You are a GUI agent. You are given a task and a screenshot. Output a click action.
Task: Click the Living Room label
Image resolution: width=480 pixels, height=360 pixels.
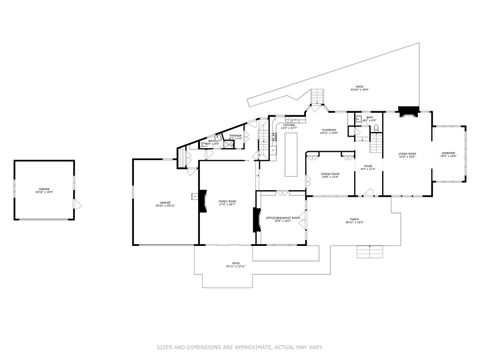coord(406,155)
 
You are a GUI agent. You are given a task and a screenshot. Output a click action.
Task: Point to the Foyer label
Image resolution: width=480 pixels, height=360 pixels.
coord(367,169)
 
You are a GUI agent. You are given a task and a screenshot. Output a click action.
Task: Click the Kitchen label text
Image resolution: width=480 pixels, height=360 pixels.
coord(288,127)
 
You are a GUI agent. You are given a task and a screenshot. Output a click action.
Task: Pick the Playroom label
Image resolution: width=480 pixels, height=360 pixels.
coord(329,131)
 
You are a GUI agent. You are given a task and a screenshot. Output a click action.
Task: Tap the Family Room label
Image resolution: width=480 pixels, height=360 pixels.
coord(226,204)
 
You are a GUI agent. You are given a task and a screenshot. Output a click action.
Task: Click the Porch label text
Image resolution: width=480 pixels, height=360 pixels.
coord(354,223)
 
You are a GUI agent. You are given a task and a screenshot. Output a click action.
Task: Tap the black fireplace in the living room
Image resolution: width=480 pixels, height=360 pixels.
coord(403,113)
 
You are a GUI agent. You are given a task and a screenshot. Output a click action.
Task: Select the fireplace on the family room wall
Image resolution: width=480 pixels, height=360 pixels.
coord(203,204)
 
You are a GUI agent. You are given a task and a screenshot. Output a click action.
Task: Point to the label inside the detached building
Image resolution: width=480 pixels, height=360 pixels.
coord(43,190)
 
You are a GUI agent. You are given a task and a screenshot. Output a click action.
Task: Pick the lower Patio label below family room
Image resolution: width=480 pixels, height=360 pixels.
coord(235,266)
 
